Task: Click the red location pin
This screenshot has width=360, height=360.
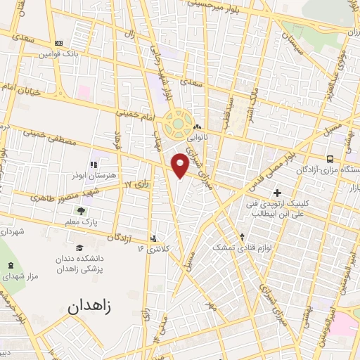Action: (181, 165)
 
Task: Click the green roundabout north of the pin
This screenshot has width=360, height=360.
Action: (179, 124)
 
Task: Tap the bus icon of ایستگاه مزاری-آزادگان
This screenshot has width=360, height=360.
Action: (330, 159)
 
